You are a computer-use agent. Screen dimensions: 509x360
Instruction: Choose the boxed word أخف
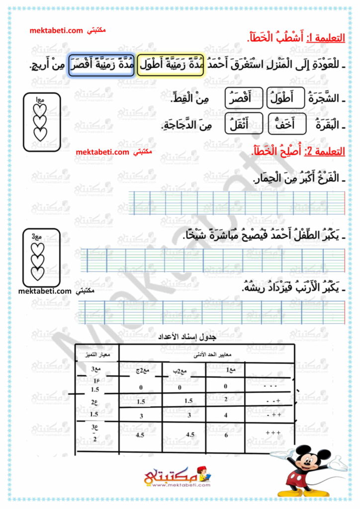(286, 125)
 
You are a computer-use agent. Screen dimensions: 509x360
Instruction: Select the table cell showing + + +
(273, 433)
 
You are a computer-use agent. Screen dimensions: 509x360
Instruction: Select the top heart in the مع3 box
(38, 248)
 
